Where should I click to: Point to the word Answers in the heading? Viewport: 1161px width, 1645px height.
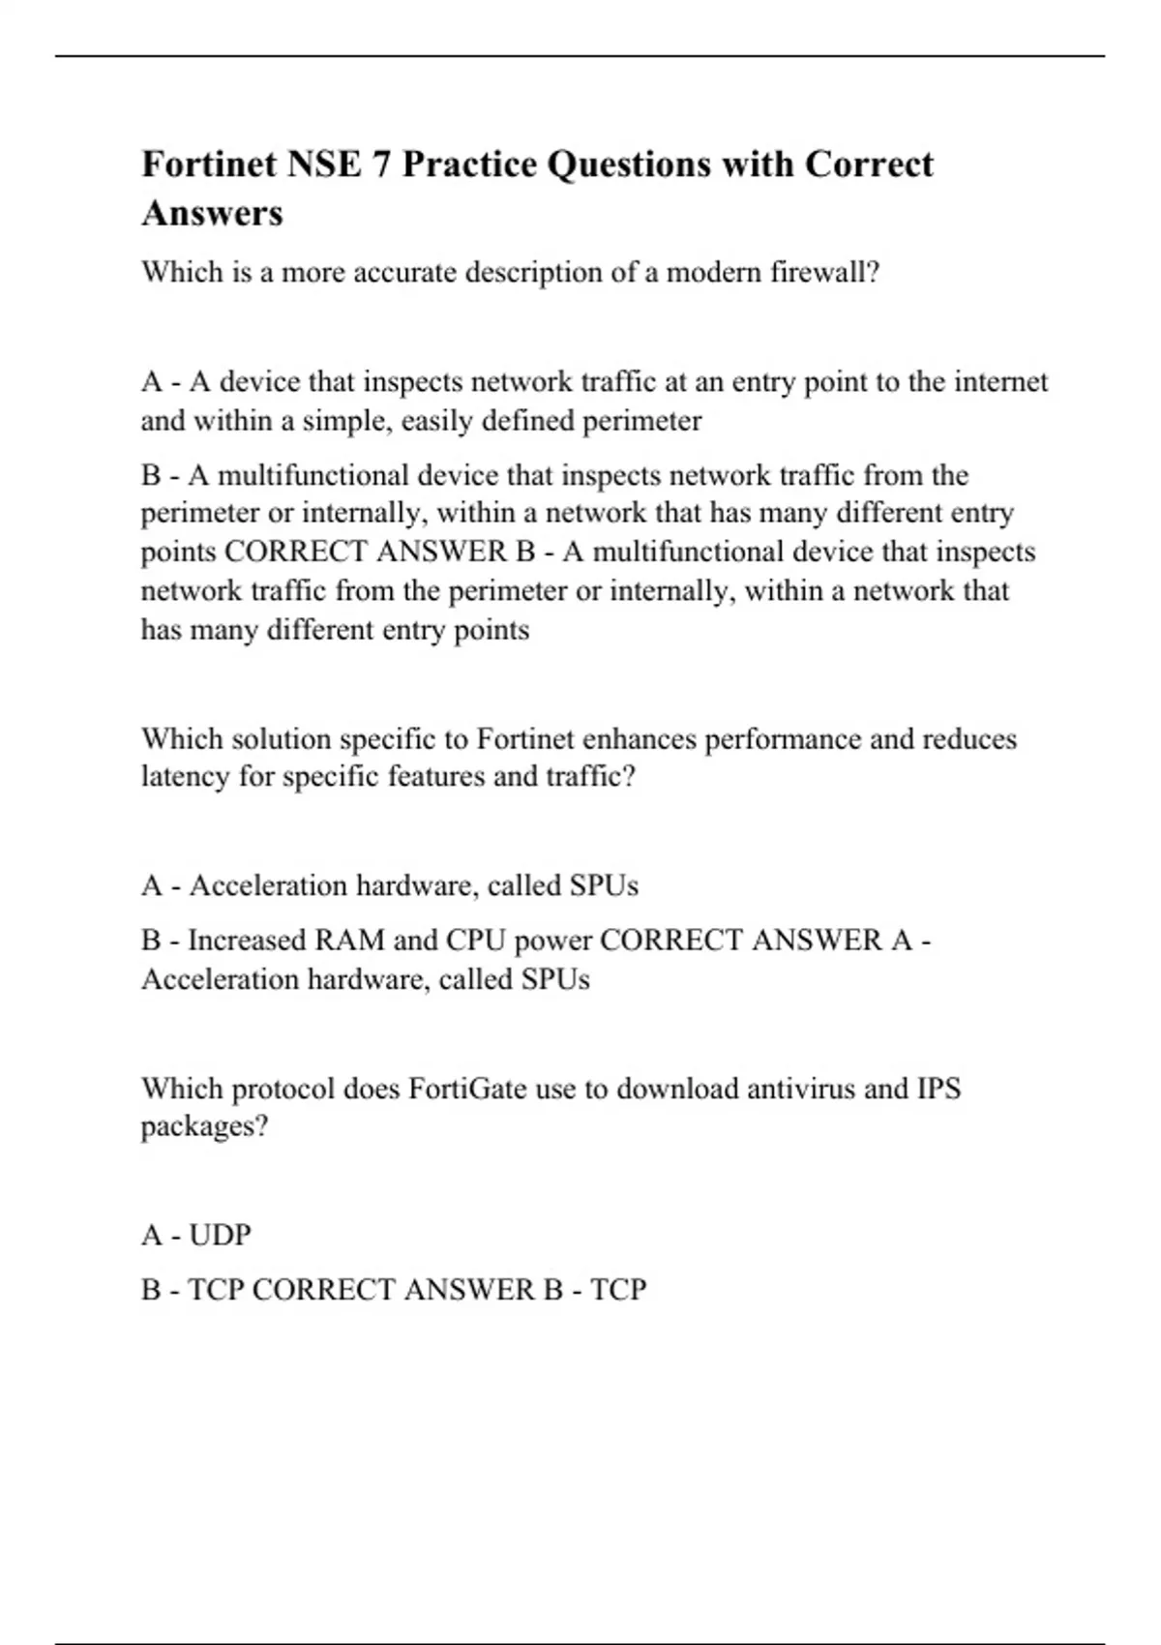(212, 213)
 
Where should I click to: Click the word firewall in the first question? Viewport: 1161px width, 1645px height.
(823, 273)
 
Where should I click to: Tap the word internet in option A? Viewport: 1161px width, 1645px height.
(1000, 382)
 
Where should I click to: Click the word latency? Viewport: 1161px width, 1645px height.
(185, 777)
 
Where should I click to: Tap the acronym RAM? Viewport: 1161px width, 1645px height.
(344, 941)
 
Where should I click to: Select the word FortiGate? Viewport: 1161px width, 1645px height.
(467, 1089)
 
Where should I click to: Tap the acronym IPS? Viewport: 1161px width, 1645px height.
(938, 1089)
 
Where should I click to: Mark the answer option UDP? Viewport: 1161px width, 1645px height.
(220, 1236)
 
